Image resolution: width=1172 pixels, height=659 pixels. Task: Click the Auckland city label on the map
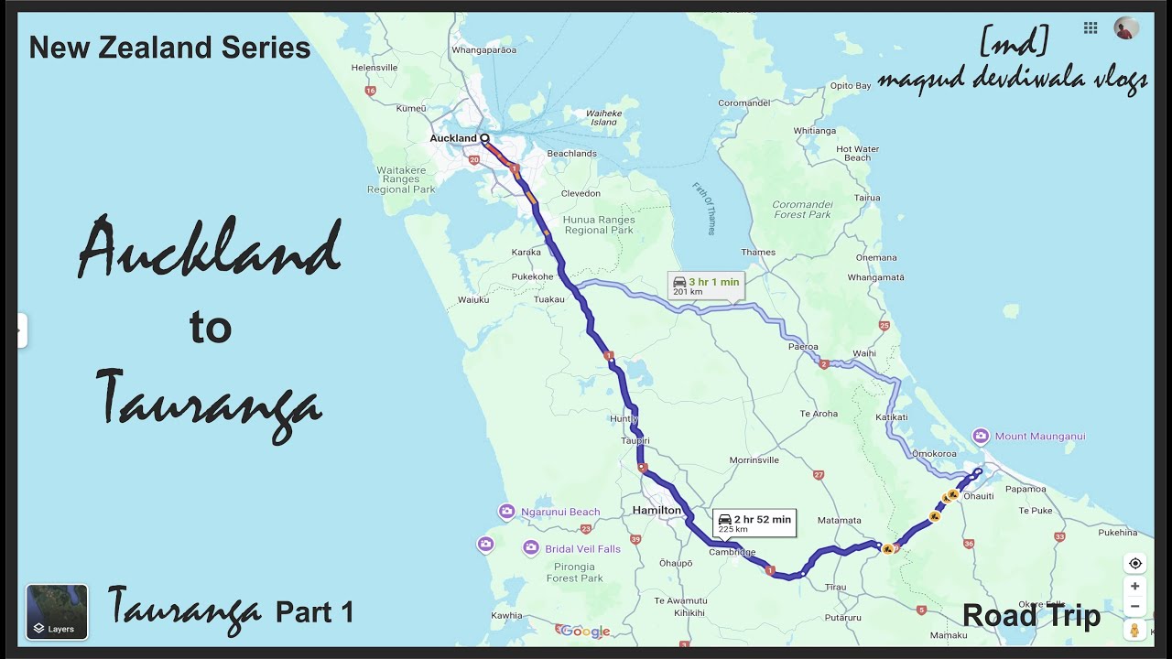click(x=453, y=138)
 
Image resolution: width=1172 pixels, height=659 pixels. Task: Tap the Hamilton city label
click(x=657, y=510)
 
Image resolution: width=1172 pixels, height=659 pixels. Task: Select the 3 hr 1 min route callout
click(x=705, y=286)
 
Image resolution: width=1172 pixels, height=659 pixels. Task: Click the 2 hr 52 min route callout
click(x=754, y=523)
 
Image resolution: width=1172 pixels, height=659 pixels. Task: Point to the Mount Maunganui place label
click(x=1039, y=437)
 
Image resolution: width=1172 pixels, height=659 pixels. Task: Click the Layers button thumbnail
click(x=57, y=611)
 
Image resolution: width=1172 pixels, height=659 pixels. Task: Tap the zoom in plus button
click(x=1135, y=586)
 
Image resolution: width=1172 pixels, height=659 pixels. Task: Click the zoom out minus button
click(x=1135, y=606)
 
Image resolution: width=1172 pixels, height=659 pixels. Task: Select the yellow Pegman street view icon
click(x=1135, y=630)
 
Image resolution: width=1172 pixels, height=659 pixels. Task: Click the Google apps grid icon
click(x=1091, y=28)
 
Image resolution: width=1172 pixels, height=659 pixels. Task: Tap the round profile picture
click(x=1126, y=28)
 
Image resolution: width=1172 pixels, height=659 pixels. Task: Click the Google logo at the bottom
click(x=585, y=632)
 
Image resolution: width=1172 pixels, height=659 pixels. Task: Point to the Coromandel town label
click(x=743, y=104)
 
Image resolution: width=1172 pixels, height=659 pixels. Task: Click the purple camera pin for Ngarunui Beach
click(x=506, y=512)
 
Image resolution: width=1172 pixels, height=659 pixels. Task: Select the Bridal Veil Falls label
click(x=582, y=549)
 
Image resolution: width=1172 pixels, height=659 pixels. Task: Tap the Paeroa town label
click(x=802, y=348)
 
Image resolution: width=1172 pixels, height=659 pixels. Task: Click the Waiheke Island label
click(x=604, y=117)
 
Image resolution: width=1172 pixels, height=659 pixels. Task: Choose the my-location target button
click(x=1135, y=563)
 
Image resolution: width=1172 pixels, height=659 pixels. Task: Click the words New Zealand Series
click(x=169, y=48)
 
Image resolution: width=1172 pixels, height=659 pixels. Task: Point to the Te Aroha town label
click(x=819, y=414)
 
